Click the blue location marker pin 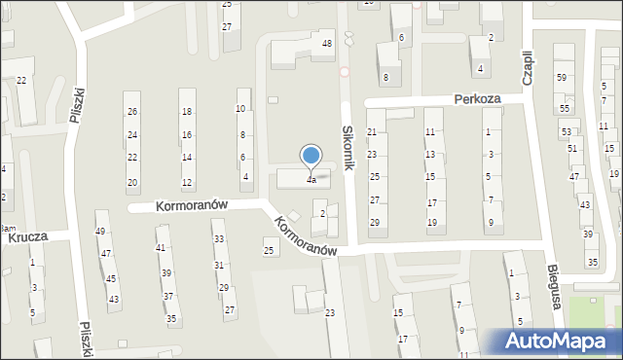(x=311, y=157)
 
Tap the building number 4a (x=311, y=180)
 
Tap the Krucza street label (x=28, y=236)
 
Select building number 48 (x=327, y=44)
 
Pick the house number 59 (x=561, y=77)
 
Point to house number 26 (x=132, y=112)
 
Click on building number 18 (x=187, y=112)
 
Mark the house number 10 (x=240, y=108)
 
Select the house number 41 (x=161, y=248)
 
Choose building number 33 (x=219, y=238)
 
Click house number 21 (x=372, y=131)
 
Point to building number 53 (x=567, y=131)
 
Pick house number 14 (x=187, y=158)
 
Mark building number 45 (x=111, y=278)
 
